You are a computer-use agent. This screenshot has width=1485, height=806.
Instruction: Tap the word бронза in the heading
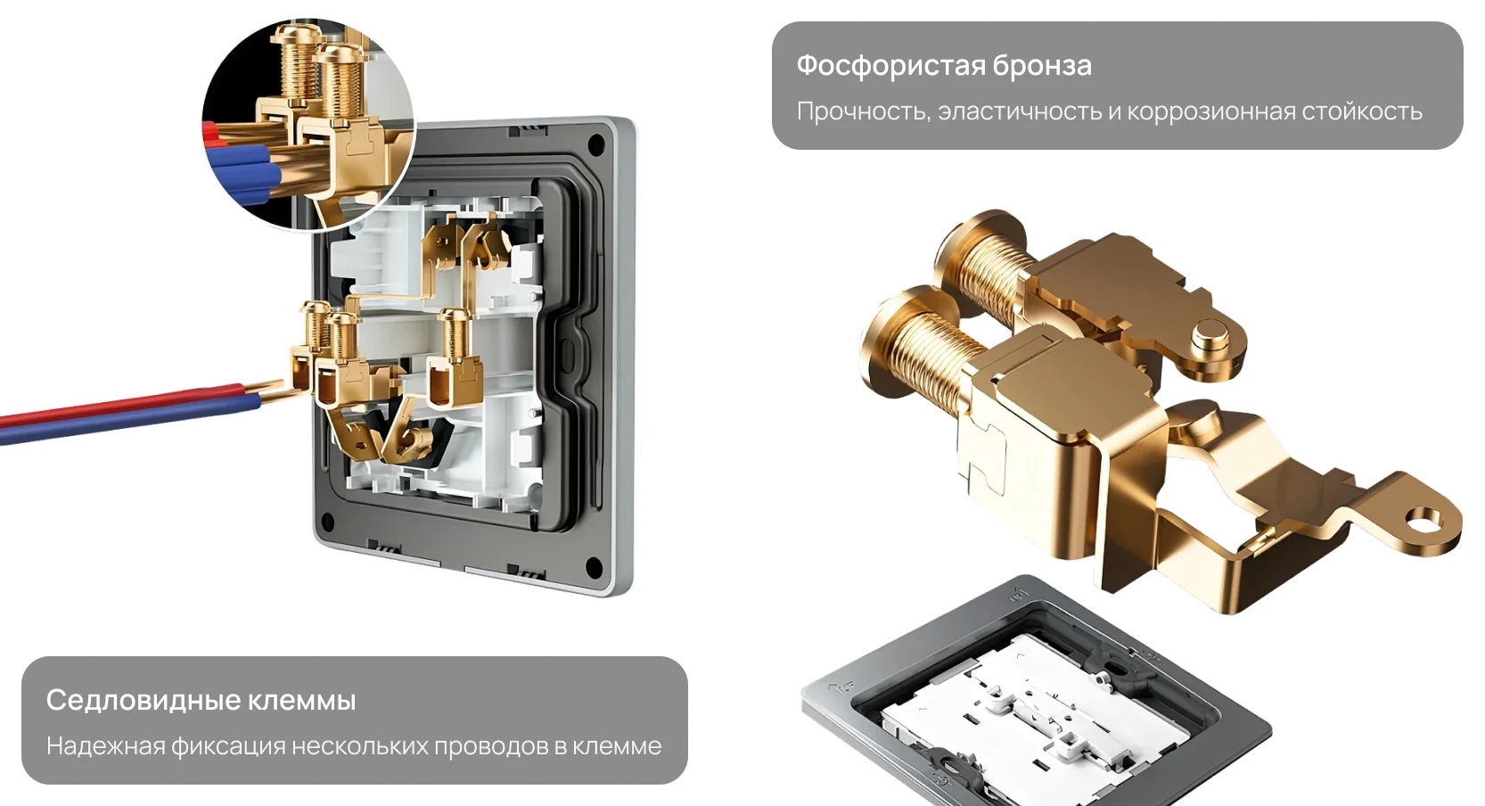1042,66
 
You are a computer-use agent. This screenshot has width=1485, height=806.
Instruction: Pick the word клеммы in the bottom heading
301,701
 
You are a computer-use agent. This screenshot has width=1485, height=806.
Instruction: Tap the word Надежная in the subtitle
105,746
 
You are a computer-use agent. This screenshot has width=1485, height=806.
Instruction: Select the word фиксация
228,746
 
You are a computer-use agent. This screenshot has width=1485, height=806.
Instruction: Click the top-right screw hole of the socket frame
595,144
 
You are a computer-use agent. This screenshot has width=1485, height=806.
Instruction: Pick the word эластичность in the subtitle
1018,111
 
